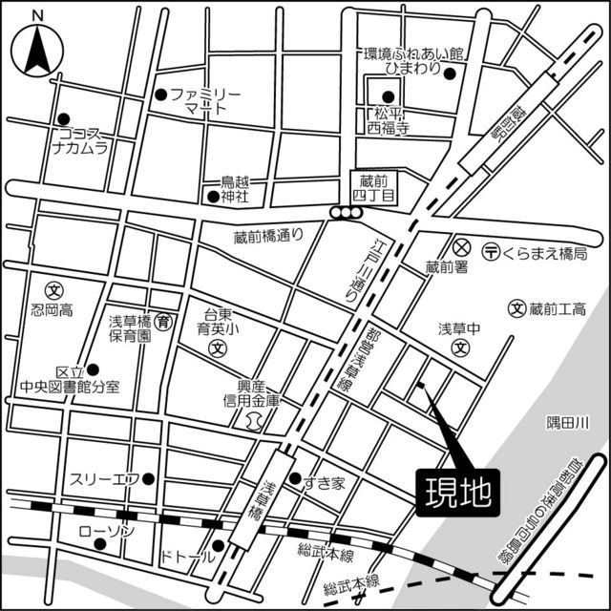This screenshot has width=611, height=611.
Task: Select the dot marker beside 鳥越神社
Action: (213, 197)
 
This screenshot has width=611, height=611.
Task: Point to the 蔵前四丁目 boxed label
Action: (377, 186)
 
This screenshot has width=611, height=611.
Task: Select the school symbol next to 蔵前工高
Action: (516, 308)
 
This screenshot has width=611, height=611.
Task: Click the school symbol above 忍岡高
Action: (53, 289)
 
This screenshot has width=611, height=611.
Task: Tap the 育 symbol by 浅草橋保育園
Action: (164, 322)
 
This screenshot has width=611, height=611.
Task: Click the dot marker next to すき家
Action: (296, 478)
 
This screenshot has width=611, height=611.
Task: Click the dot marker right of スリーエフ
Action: (148, 478)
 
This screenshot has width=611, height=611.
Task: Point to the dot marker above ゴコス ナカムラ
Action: (64, 117)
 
